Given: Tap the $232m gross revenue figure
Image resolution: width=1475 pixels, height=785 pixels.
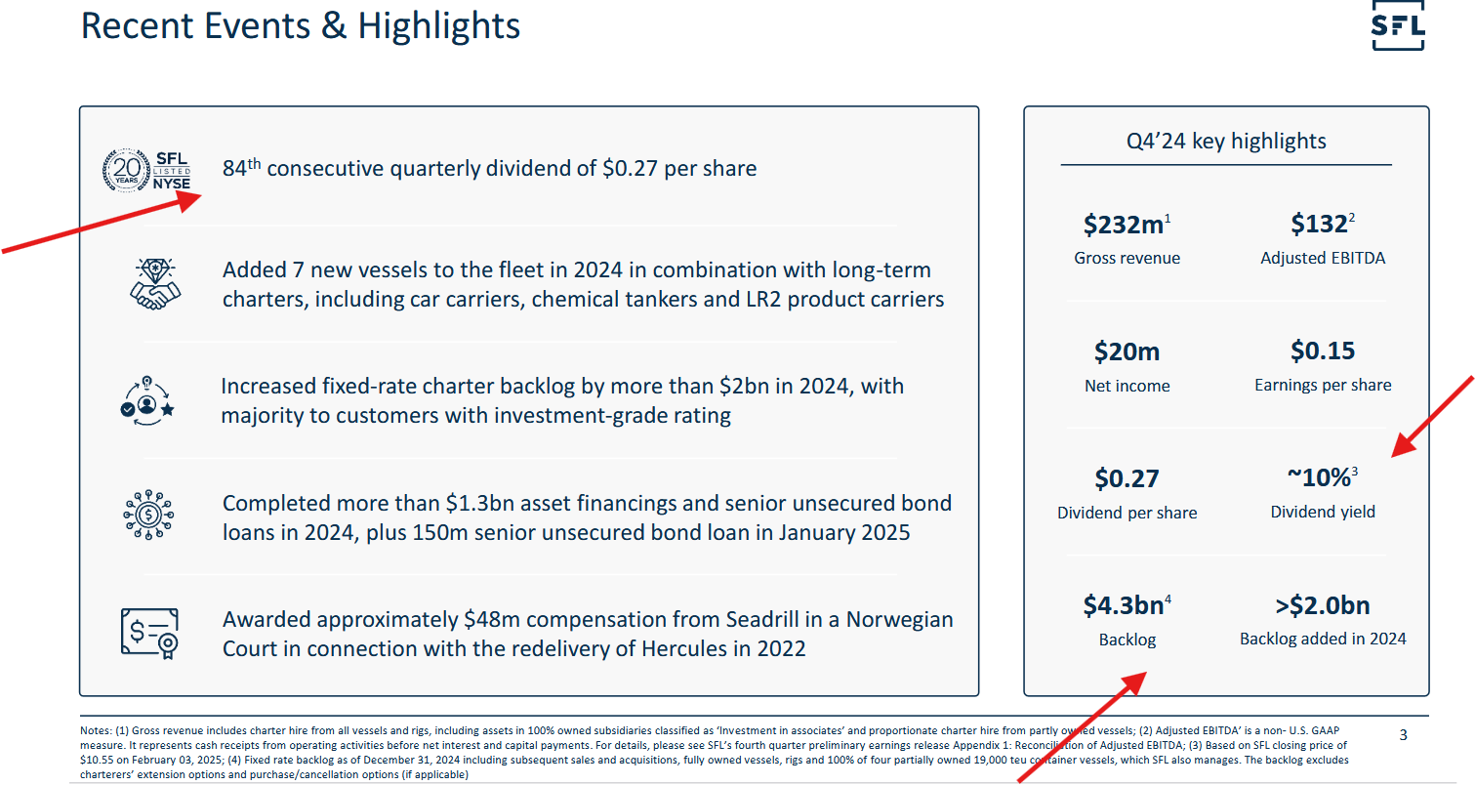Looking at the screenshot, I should tap(1125, 226).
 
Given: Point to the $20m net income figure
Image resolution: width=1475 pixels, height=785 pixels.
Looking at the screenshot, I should tap(1127, 351).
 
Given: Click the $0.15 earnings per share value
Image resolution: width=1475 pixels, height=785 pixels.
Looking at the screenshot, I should tap(1323, 351).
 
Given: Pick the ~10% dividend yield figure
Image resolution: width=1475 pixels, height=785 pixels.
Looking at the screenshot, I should tap(1320, 478).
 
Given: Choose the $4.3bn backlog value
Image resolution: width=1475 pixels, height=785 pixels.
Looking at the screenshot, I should tap(1124, 605).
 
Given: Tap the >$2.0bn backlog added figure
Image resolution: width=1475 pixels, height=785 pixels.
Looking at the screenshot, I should tap(1323, 605).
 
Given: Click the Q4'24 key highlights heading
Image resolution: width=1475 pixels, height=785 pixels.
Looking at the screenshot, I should tap(1226, 141).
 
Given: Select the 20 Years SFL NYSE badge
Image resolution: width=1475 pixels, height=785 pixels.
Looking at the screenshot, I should tap(146, 170).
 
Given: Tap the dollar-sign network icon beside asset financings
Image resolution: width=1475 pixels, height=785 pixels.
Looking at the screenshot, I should tap(148, 515).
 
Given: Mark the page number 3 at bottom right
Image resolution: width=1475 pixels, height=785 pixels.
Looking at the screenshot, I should tap(1403, 735).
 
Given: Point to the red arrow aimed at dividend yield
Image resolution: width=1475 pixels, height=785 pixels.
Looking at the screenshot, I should tap(1433, 415).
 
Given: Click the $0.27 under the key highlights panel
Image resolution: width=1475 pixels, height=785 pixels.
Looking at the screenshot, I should tap(1127, 478).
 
